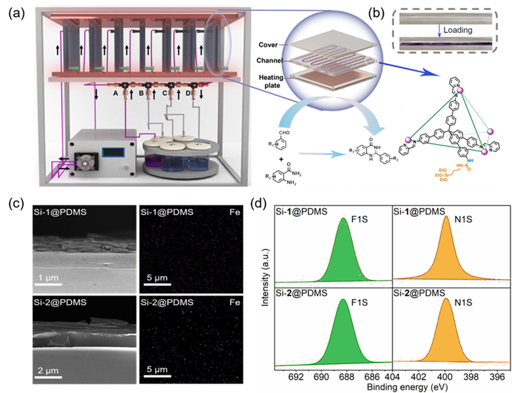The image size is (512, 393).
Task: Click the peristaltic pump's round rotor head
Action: coord(86,160)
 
